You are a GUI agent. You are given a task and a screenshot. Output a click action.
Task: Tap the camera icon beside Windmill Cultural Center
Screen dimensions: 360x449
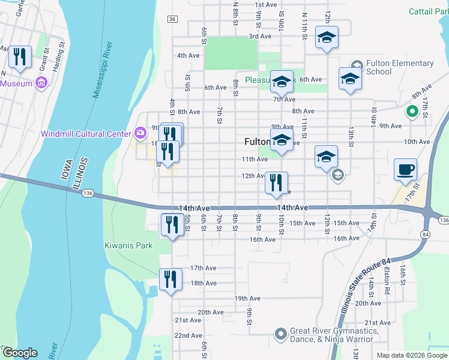pyautogui.click(x=140, y=132)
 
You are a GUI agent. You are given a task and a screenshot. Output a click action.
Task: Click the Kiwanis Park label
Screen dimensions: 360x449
pyautogui.click(x=128, y=245)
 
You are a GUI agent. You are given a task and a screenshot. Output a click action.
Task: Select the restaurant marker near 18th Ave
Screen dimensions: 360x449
pyautogui.click(x=170, y=280)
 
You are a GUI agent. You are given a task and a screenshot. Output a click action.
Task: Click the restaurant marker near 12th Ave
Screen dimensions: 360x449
pyautogui.click(x=276, y=183)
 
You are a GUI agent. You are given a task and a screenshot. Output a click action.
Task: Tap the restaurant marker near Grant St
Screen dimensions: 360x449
pyautogui.click(x=20, y=57)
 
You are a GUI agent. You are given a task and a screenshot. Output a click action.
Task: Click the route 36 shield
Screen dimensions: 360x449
pyautogui.click(x=173, y=19)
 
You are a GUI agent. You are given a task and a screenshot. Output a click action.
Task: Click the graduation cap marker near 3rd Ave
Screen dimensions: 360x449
pyautogui.click(x=327, y=37)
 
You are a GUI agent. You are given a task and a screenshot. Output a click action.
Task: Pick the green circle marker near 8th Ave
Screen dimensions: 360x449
pyautogui.click(x=412, y=111)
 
